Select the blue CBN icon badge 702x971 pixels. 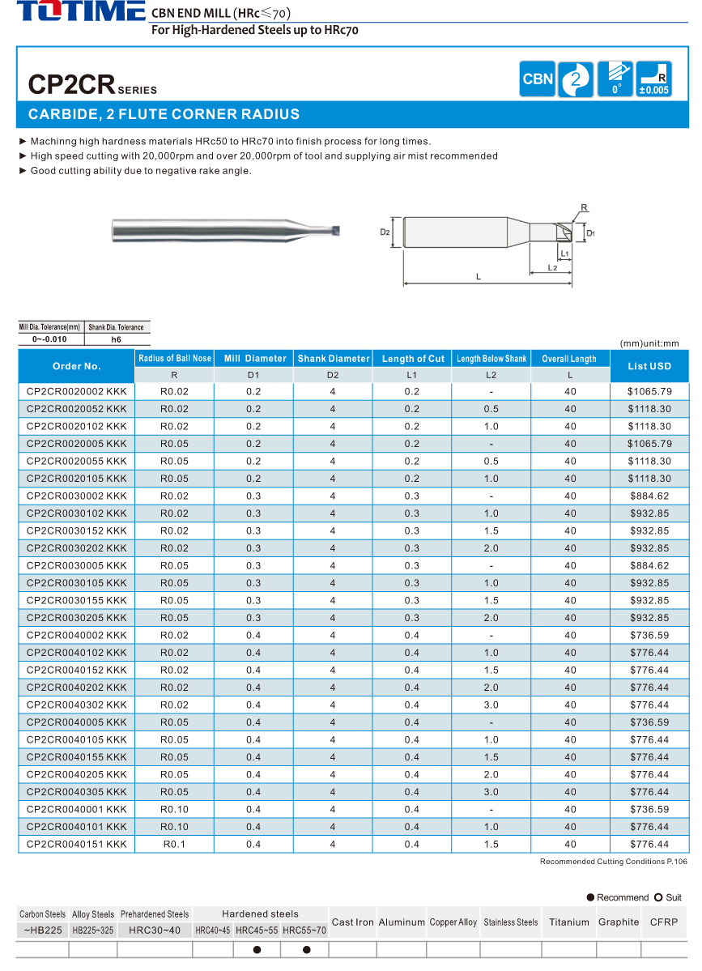click(538, 79)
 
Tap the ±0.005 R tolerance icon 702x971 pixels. click(654, 79)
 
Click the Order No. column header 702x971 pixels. click(77, 366)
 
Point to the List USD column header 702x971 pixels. click(649, 366)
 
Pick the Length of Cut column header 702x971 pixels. click(413, 359)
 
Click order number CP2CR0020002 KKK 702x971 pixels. click(77, 391)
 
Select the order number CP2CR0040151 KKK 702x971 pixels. click(77, 845)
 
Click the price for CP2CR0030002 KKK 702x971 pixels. click(649, 496)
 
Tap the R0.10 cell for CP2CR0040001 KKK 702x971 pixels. click(174, 810)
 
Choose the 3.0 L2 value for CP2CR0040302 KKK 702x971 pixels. click(491, 705)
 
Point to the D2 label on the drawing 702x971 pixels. click(385, 232)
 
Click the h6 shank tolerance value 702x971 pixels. click(116, 339)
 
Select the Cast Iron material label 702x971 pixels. click(353, 922)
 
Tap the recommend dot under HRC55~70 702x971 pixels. click(306, 950)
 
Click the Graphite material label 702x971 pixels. click(619, 922)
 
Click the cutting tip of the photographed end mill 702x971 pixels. click(335, 231)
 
